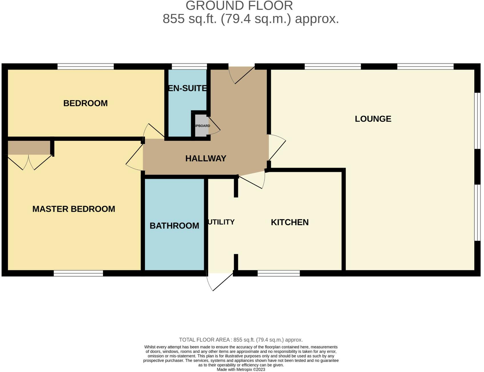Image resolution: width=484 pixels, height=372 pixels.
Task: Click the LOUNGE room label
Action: [x=373, y=119]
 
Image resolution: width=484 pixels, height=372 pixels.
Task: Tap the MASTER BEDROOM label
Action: [x=74, y=209]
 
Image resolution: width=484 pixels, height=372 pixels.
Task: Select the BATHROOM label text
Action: [x=174, y=226]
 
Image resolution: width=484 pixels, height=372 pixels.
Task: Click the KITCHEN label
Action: [x=289, y=222]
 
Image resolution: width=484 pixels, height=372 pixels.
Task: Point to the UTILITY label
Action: [x=221, y=222]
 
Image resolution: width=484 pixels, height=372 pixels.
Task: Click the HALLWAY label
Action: [x=205, y=158]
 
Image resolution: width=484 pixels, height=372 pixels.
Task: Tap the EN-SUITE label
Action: [x=187, y=88]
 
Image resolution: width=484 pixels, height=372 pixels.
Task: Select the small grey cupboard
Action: [x=201, y=126]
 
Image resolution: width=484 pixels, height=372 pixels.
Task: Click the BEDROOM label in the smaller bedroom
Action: [x=85, y=103]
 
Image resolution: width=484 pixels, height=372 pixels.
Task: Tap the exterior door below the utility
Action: [x=220, y=282]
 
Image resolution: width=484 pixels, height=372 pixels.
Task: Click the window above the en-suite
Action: [x=189, y=67]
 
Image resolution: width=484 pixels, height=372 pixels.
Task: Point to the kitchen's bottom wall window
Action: [x=279, y=273]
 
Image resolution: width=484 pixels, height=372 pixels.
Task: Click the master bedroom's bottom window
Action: [x=78, y=273]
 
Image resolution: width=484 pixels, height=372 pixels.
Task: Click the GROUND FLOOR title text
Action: [x=239, y=6]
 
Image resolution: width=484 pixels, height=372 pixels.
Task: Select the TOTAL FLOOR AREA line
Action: [x=241, y=340]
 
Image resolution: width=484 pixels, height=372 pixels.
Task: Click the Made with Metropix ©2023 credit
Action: [x=241, y=369]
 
